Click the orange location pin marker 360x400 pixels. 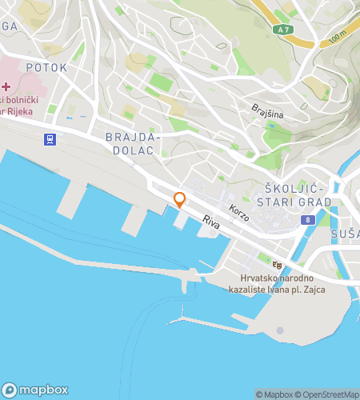180,200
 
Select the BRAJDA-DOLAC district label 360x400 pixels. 134,144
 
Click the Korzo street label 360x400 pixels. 238,213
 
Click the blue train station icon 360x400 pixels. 50,138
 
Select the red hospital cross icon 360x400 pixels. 6,86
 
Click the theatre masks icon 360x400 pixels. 278,264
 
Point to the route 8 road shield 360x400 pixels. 306,218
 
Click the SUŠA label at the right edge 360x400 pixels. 345,234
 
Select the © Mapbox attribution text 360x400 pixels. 274,394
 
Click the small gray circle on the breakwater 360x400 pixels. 280,330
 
